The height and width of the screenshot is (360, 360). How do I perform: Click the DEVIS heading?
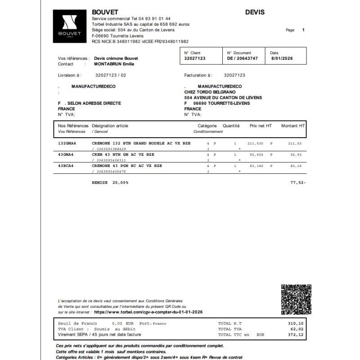(255, 12)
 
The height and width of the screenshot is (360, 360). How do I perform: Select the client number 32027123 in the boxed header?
(195, 58)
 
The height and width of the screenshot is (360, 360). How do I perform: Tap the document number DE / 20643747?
(243, 58)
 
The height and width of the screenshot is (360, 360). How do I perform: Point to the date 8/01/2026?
(282, 58)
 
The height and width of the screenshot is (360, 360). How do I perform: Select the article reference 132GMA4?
(67, 143)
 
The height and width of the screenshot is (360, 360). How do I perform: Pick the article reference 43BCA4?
(66, 166)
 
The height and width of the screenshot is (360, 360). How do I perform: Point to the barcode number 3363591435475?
(109, 171)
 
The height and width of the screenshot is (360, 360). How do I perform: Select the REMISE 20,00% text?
(110, 183)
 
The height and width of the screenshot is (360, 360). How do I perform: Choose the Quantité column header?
(231, 126)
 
